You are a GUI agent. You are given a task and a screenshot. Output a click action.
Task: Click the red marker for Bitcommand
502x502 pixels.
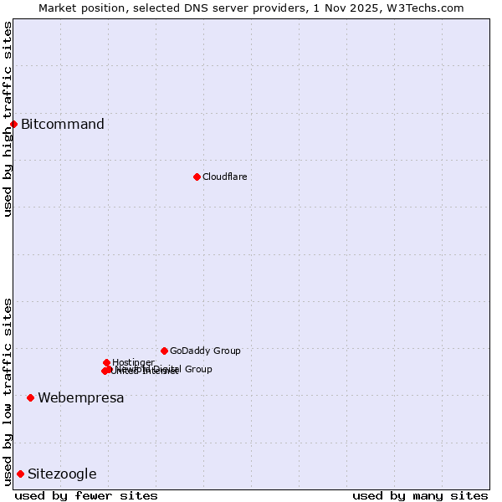coord(13,125)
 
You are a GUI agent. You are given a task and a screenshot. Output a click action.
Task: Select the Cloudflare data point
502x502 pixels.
coord(197,177)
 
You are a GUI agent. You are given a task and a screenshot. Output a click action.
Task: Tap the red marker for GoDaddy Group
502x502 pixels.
coord(164,351)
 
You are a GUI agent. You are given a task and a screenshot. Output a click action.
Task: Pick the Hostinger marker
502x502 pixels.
coord(106,362)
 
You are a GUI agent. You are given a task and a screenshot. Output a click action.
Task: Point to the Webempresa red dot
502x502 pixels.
coord(30,397)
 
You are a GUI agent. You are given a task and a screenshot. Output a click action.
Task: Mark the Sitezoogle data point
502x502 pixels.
coord(20,474)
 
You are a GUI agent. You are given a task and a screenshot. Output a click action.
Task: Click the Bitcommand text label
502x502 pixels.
coord(63,125)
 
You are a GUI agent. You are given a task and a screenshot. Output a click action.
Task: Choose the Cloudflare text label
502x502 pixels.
coord(224,177)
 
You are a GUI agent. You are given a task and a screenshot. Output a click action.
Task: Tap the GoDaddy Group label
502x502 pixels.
coord(205,351)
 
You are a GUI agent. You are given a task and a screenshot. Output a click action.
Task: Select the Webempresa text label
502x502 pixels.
coord(80,397)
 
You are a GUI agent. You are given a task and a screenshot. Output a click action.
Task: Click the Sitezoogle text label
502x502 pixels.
coord(62,474)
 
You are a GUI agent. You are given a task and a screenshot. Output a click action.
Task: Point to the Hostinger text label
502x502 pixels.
coord(133,362)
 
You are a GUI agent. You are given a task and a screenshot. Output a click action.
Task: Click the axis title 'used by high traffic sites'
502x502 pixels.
coord(8,119)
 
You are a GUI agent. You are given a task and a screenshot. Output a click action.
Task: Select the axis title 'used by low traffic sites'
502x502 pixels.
coord(8,391)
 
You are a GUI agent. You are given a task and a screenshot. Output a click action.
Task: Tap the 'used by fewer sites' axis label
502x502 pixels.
coord(86,495)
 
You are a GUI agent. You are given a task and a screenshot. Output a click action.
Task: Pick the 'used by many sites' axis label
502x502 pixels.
coord(420,495)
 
